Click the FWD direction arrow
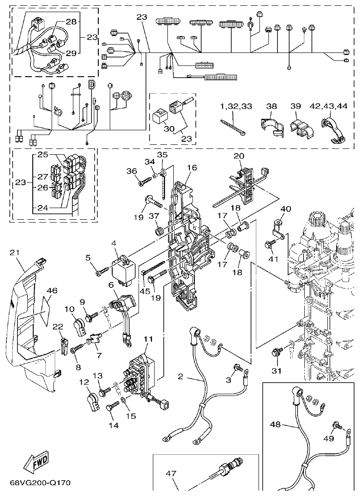35,462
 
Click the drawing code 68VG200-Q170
40,483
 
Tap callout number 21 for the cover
15,252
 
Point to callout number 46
52,291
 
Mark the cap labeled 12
93,401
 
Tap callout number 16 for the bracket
192,167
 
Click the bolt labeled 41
270,244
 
